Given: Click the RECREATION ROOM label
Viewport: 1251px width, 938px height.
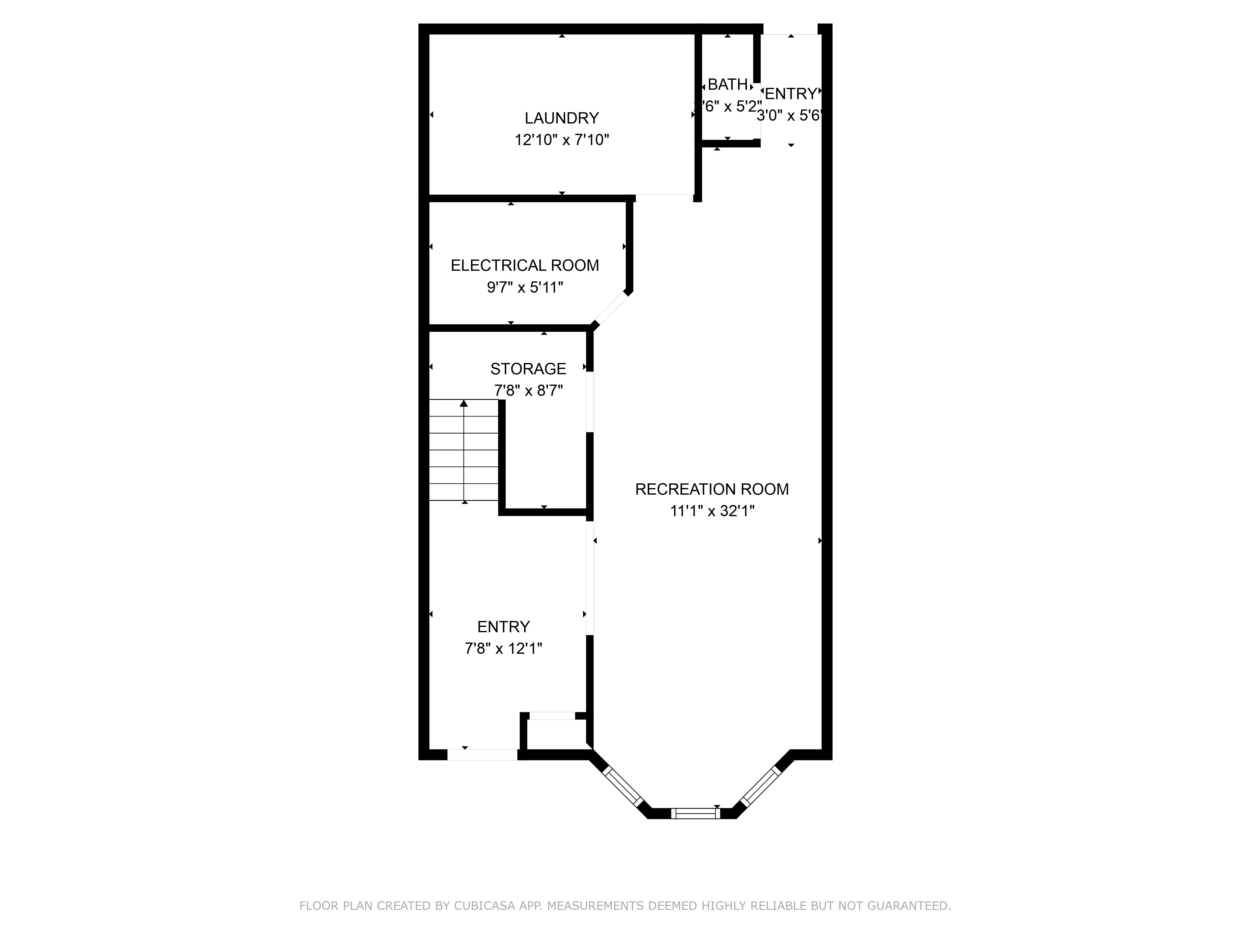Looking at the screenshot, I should click(712, 489).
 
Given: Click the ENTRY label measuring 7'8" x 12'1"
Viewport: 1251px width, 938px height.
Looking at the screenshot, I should click(503, 627).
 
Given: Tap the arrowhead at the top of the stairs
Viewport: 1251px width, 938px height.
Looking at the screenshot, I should click(464, 403).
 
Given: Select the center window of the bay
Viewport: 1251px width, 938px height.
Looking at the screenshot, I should click(695, 813).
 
